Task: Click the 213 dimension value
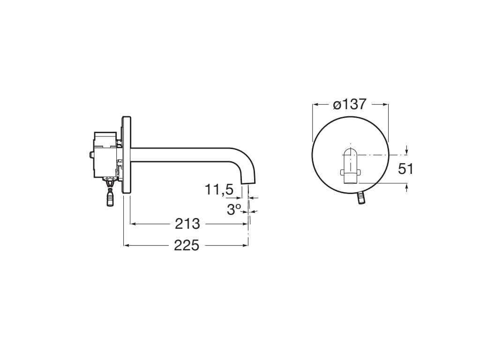click(187, 224)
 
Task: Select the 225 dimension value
click(187, 245)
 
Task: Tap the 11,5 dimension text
click(218, 190)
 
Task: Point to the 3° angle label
click(234, 210)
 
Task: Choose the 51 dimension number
click(405, 169)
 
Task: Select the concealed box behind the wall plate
click(105, 155)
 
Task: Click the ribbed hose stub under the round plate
click(361, 197)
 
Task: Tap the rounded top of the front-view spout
click(350, 151)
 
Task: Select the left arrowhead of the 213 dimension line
click(133, 224)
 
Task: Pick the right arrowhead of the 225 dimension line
click(246, 245)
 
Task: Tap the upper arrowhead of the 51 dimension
click(406, 151)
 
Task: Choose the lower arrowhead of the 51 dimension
click(406, 186)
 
